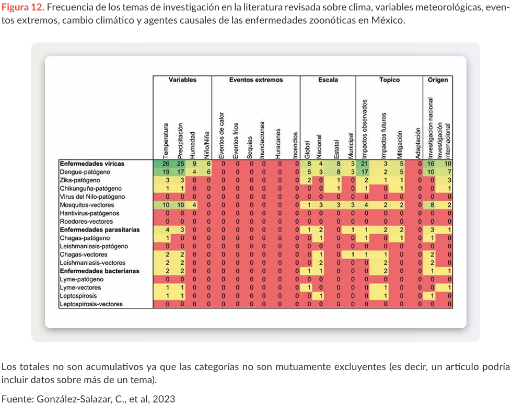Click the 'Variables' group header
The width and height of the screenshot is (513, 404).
coord(182,80)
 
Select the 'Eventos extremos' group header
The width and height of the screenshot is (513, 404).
coord(256,80)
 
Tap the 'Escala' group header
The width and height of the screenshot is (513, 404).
coord(328,80)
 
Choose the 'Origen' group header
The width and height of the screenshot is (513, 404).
coord(437,80)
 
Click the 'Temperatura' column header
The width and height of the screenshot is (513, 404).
coord(166,141)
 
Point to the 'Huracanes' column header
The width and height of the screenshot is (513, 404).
coord(278,144)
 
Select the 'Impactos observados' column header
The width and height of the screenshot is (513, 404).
coord(365,129)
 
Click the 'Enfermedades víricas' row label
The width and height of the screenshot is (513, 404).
coord(92,164)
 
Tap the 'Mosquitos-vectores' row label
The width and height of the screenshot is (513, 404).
coord(87,205)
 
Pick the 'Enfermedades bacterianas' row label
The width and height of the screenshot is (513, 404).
coord(99,271)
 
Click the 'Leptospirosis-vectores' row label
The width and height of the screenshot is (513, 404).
coord(91,304)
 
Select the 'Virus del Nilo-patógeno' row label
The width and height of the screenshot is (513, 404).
coord(92,197)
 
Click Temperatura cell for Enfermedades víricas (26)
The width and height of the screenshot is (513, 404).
coord(166,164)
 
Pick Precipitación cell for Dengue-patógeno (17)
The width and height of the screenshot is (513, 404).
coord(181,172)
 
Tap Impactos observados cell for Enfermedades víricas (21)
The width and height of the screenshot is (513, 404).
coord(365,164)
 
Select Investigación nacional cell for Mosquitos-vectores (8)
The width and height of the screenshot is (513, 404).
coord(432,205)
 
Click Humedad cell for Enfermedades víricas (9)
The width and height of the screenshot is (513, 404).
coord(194,164)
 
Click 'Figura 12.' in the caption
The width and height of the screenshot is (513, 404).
coord(23,7)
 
